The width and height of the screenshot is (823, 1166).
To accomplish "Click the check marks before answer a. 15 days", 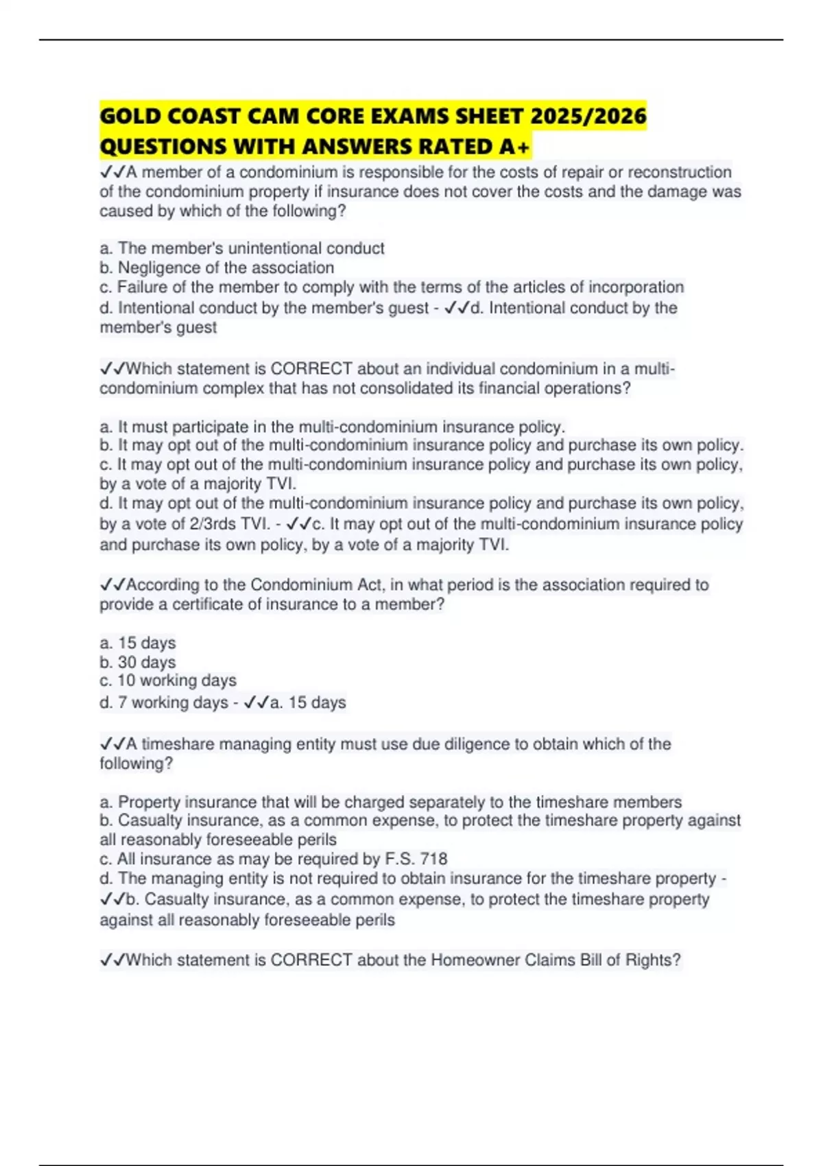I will [x=256, y=702].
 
